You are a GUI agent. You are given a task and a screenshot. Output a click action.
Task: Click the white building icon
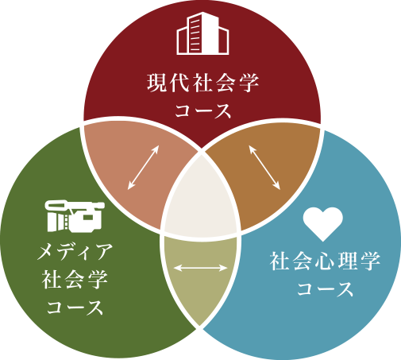pos(202,33)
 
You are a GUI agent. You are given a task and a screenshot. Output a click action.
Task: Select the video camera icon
pos(75,216)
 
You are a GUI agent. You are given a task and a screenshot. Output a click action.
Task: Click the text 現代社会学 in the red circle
pos(202,83)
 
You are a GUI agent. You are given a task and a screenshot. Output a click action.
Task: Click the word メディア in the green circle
pos(75,251)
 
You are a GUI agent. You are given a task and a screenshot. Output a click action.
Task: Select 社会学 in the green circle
pos(75,280)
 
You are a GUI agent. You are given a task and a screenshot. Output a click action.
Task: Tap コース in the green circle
pos(75,308)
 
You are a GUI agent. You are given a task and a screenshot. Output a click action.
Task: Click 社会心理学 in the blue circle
pos(325,261)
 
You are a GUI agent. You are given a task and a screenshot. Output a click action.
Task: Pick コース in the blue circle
pos(325,288)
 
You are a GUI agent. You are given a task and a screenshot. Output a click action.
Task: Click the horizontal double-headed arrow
pos(200,268)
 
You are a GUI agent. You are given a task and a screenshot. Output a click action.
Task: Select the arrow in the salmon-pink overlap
pos(143,168)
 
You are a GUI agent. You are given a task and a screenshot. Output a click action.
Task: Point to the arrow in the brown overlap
pos(264,168)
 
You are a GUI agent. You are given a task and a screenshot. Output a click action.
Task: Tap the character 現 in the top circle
pos(156,83)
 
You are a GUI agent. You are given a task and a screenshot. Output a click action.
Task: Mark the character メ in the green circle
pos(46,251)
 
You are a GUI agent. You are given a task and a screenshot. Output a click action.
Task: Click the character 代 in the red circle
pos(179,83)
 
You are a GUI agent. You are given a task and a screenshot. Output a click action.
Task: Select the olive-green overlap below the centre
pos(201,278)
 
